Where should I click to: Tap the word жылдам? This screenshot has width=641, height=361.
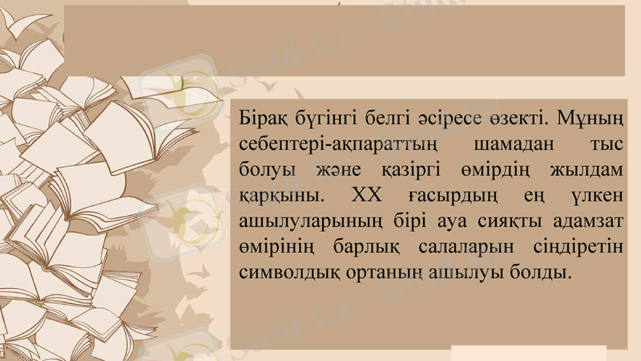pos(587,171)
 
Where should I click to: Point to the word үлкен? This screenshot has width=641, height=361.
pos(591,196)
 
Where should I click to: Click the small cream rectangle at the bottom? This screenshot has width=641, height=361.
pos(528,353)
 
